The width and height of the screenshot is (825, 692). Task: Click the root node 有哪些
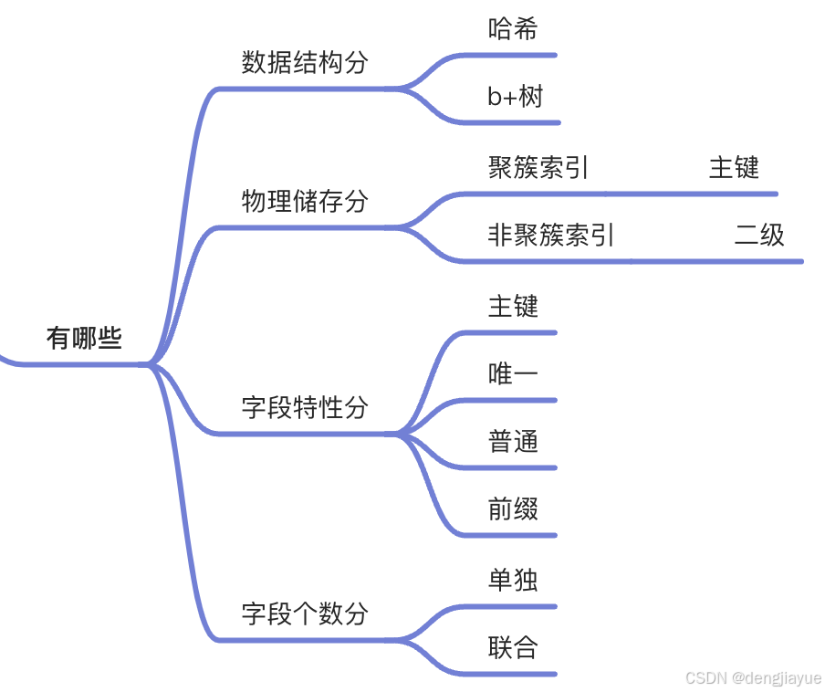84,339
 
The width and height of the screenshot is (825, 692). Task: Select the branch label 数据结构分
304,63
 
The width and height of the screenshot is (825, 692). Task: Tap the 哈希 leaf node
513,29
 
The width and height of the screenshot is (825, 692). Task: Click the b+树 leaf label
516,97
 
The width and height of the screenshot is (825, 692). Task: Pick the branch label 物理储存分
304,202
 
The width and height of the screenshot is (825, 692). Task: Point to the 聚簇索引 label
538,168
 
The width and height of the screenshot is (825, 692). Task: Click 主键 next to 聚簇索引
734,168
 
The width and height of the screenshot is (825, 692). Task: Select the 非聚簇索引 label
551,236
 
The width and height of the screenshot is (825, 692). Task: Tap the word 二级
759,236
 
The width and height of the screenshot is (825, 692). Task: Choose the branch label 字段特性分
304,408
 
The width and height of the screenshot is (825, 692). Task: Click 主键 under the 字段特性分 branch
513,306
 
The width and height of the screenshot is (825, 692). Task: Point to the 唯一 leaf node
513,374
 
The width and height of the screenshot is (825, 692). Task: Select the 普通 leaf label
513,442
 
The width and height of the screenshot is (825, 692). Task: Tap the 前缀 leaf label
513,509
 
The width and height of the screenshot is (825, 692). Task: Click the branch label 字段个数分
304,613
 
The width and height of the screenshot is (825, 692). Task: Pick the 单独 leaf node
513,581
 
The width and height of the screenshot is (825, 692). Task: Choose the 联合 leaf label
513,648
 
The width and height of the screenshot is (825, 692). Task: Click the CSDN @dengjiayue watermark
753,678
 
